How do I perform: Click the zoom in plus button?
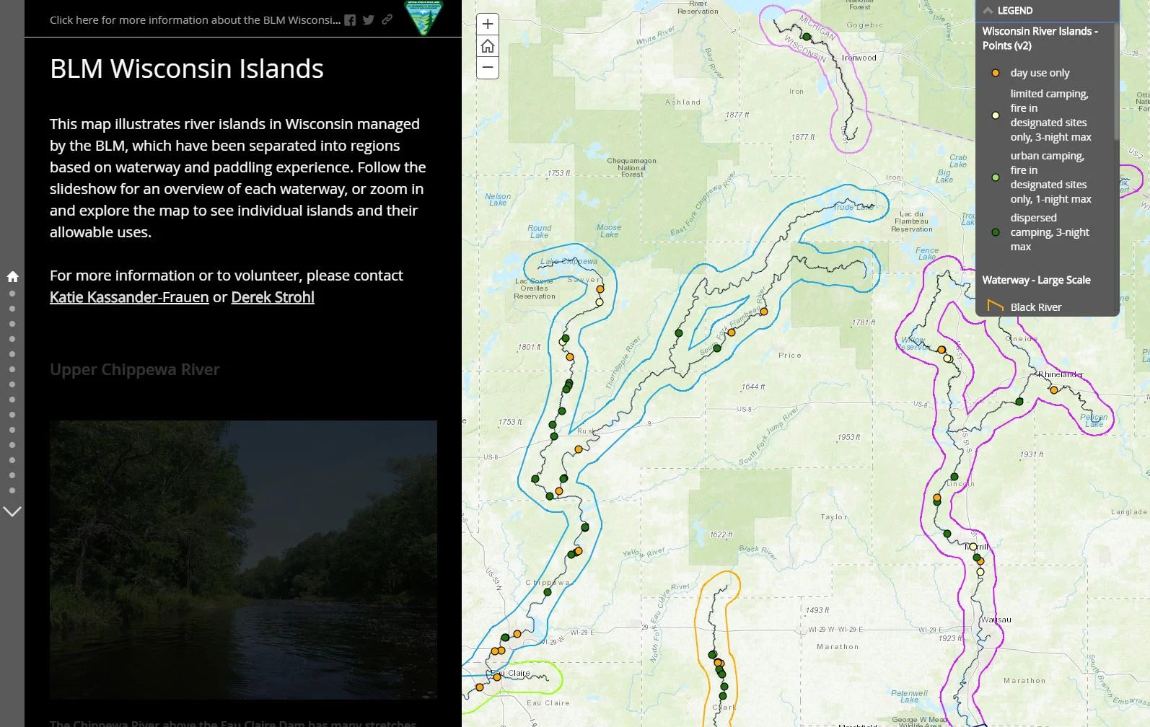pyautogui.click(x=488, y=24)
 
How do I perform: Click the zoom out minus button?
pyautogui.click(x=488, y=68)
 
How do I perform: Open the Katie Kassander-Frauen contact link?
pyautogui.click(x=129, y=297)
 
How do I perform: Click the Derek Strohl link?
pyautogui.click(x=273, y=297)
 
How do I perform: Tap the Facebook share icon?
pyautogui.click(x=350, y=20)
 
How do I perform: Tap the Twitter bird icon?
pyautogui.click(x=369, y=20)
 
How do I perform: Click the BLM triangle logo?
pyautogui.click(x=423, y=18)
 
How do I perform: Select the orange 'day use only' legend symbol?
pyautogui.click(x=996, y=73)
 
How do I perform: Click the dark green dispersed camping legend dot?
pyautogui.click(x=996, y=232)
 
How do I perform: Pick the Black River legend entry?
pyautogui.click(x=1035, y=307)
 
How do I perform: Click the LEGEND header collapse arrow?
pyautogui.click(x=988, y=11)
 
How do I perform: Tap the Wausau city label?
pyautogui.click(x=996, y=620)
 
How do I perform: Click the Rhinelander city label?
pyautogui.click(x=1061, y=374)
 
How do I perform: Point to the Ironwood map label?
pyautogui.click(x=859, y=58)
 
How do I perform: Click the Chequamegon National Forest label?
pyautogui.click(x=631, y=167)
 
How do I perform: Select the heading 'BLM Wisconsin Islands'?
pyautogui.click(x=187, y=69)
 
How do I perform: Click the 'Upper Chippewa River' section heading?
pyautogui.click(x=135, y=369)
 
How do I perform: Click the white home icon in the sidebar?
pyautogui.click(x=12, y=276)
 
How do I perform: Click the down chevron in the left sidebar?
pyautogui.click(x=12, y=511)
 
